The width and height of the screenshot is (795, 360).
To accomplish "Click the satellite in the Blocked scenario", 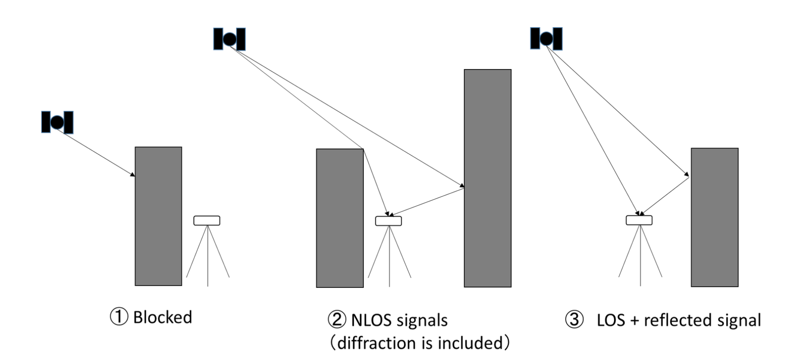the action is tap(57, 122).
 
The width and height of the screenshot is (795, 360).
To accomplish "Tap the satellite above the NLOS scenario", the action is tap(229, 39).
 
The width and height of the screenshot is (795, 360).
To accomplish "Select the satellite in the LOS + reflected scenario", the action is tap(546, 39).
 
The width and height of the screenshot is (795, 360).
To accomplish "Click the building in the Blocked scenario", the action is tap(158, 216).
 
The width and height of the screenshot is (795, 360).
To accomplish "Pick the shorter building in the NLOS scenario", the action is tap(340, 218).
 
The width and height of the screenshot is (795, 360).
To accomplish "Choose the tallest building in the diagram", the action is tap(488, 178).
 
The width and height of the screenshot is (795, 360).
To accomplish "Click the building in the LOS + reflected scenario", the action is tap(715, 217).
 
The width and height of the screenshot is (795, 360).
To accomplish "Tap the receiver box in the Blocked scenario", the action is tap(207, 221).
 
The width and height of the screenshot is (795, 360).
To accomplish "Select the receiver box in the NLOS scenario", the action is tap(388, 221).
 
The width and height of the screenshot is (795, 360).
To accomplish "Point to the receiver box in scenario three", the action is tap(639, 220).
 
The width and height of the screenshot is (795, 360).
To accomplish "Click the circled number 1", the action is tap(119, 317).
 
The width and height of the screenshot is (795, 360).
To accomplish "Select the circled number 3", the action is tap(574, 320).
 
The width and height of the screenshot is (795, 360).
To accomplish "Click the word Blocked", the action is tap(163, 317).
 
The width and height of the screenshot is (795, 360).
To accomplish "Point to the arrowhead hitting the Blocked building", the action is tap(132, 175).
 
